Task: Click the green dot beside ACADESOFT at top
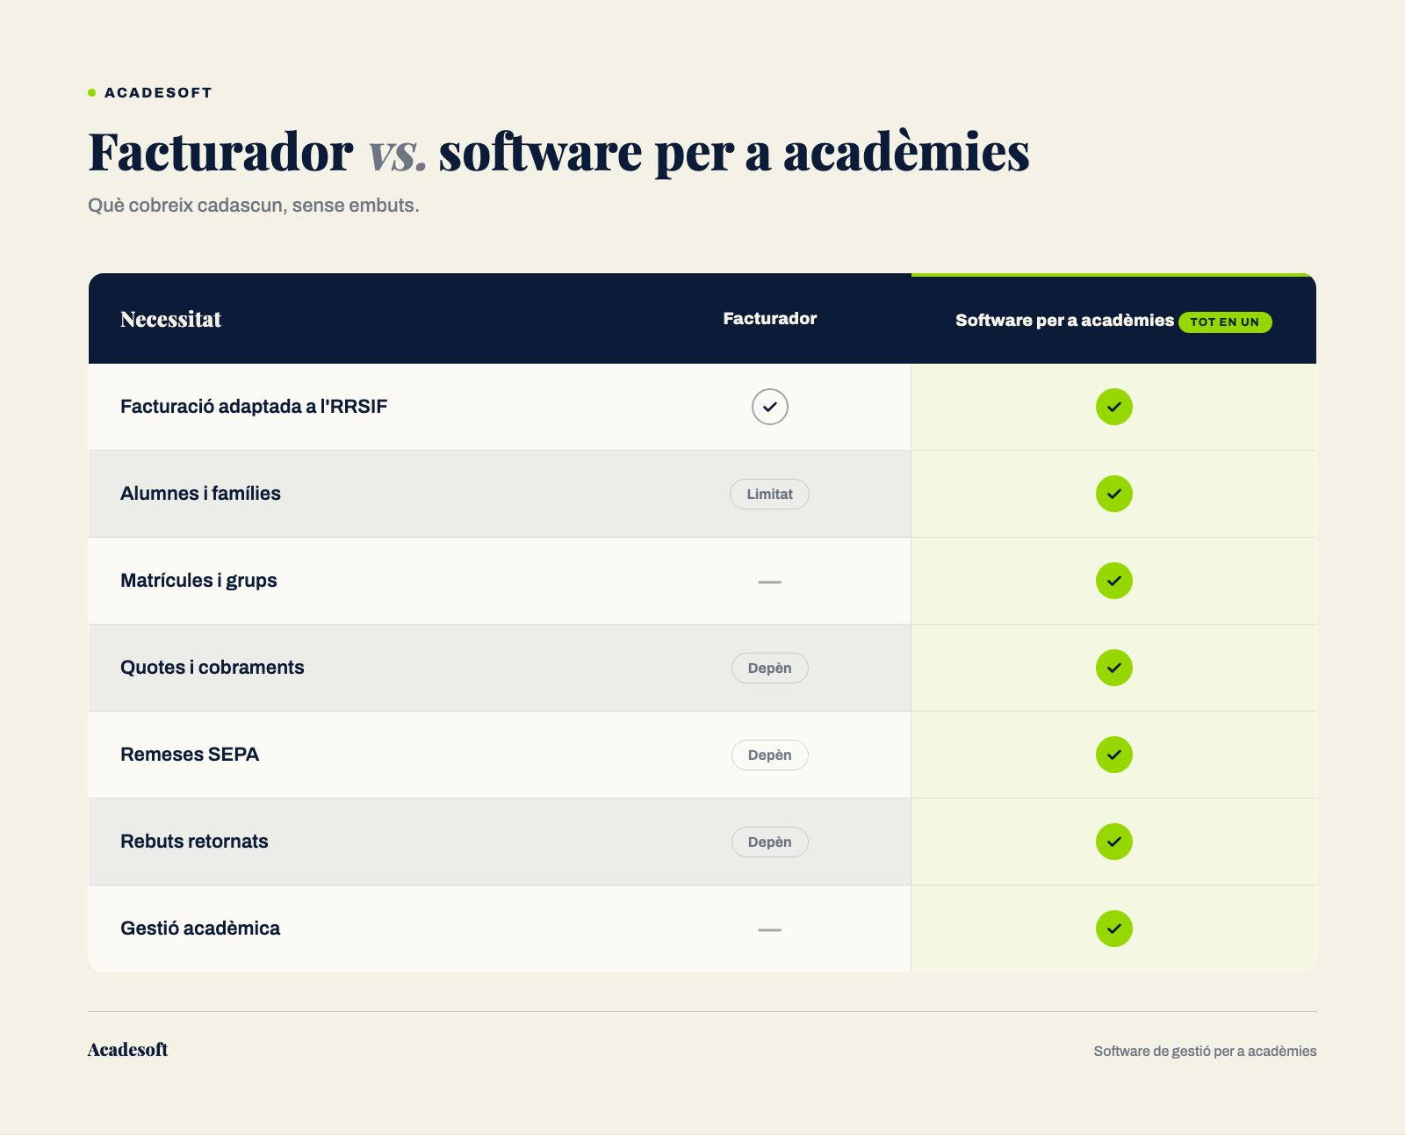tap(91, 93)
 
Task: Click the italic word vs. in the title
tap(396, 153)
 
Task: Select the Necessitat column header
tap(170, 320)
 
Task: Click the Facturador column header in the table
tap(770, 319)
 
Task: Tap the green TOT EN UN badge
tap(1225, 322)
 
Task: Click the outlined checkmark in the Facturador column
tap(770, 407)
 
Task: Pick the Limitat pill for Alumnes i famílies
tap(769, 495)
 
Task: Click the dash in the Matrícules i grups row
tap(770, 582)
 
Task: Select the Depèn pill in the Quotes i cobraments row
tap(770, 668)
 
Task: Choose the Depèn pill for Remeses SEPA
tap(770, 755)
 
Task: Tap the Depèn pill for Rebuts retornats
tap(770, 842)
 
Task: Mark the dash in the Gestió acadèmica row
tap(770, 929)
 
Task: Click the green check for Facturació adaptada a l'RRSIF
tap(1114, 407)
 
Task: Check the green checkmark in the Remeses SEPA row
tap(1114, 755)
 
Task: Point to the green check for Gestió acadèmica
tap(1114, 929)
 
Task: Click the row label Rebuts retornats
tap(194, 842)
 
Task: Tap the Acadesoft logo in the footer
tap(128, 1050)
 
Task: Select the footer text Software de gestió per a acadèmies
tap(1205, 1052)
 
